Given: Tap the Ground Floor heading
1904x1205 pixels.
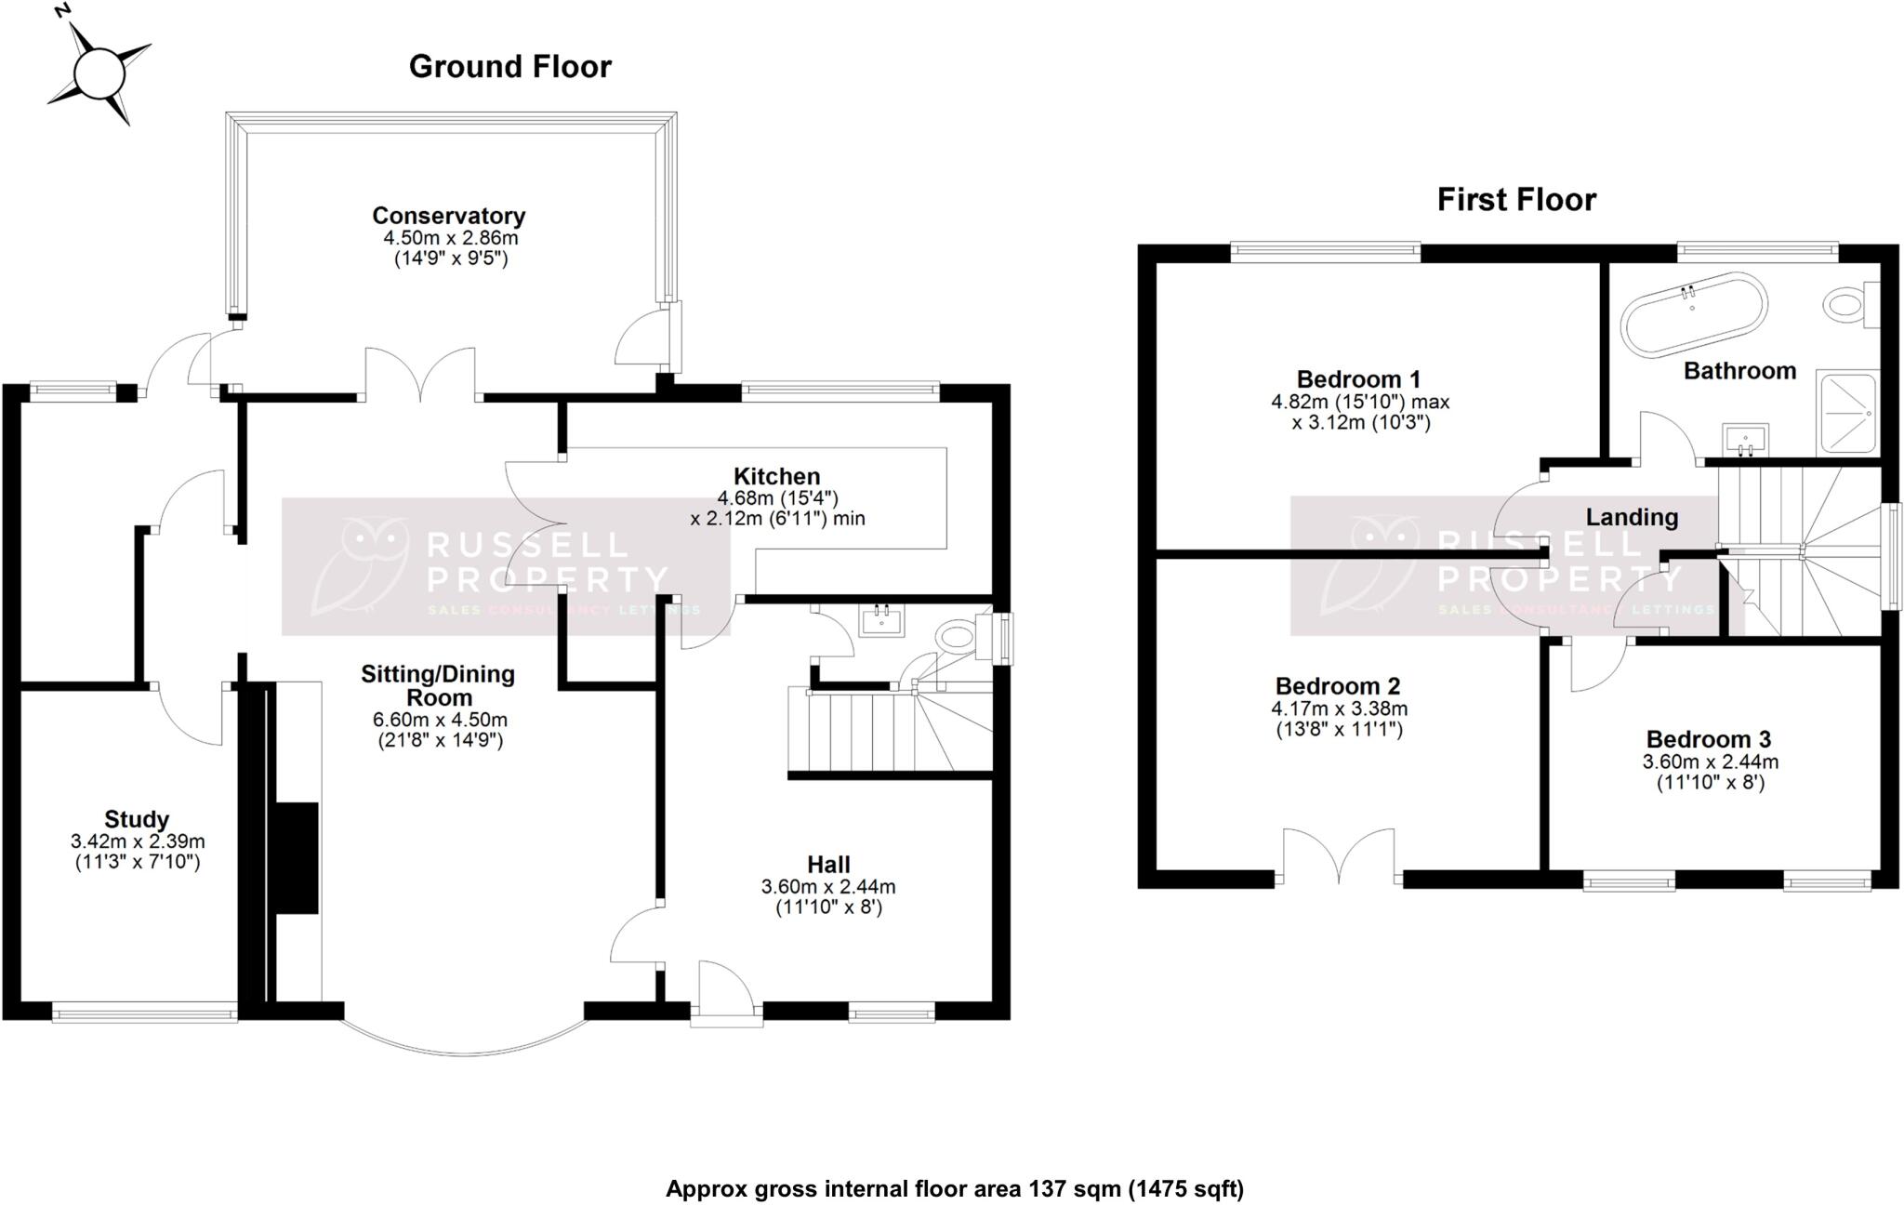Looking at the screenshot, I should click(x=509, y=67).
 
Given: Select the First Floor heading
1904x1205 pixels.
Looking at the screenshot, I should click(x=1516, y=200).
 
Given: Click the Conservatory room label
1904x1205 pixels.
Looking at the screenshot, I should click(x=449, y=216).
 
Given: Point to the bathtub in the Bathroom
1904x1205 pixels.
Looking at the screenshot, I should click(x=1693, y=314).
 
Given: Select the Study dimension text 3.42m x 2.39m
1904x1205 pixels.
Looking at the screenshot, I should click(x=138, y=841).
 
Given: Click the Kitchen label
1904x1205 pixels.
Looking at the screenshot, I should click(x=776, y=476).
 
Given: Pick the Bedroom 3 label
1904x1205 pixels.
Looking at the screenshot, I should click(x=1709, y=739).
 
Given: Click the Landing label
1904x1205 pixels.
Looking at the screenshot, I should click(x=1632, y=517).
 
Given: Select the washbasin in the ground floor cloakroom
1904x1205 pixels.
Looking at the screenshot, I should click(x=881, y=620).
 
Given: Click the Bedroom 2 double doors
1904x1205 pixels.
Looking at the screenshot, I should click(x=1339, y=856).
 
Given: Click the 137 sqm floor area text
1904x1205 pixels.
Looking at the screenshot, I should click(x=954, y=1188).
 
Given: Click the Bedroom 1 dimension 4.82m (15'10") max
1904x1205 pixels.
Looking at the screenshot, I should click(x=1359, y=403).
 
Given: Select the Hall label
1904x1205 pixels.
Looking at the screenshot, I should click(x=828, y=864).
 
